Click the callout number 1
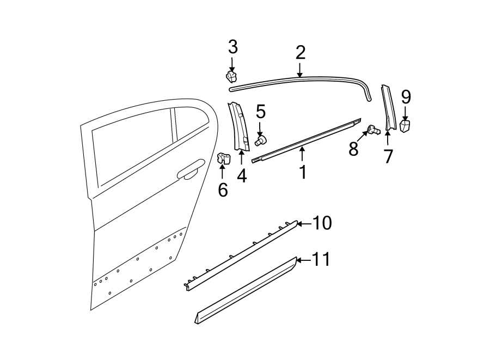(303, 172)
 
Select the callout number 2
(300, 53)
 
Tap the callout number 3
(232, 47)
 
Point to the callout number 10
(322, 223)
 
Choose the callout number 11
(321, 260)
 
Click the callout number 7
(388, 156)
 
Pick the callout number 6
(223, 191)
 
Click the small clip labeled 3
(232, 76)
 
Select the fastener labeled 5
(260, 141)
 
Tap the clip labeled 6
(223, 158)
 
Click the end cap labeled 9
(405, 126)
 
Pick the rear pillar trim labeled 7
(388, 109)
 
